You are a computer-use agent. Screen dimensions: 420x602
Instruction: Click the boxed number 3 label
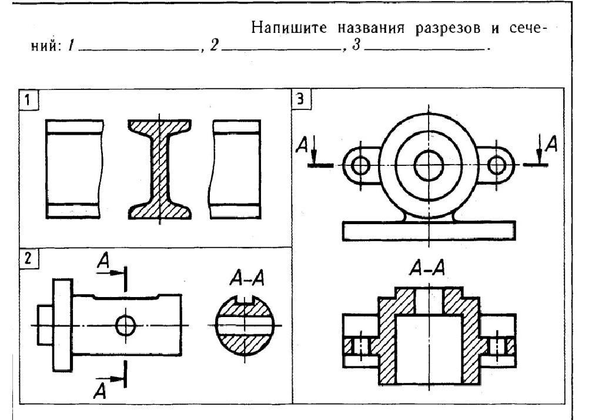point(301,99)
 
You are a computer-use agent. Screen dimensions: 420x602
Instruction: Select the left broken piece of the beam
point(74,169)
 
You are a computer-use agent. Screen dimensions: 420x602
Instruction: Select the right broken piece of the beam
point(236,169)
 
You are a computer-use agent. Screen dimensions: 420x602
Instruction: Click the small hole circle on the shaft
point(125,325)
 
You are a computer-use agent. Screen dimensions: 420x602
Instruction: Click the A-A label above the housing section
point(427,269)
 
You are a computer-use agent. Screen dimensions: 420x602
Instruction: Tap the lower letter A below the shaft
point(101,390)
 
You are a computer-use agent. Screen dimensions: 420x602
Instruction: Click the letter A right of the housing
point(551,144)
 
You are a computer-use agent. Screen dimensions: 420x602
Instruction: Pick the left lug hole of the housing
point(359,165)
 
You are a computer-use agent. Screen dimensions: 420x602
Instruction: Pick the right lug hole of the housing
point(497,165)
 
